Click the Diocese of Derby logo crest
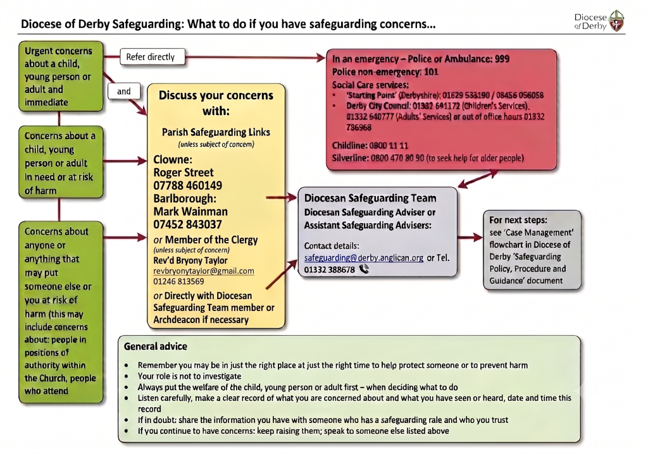click(x=616, y=21)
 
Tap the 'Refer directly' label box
click(x=153, y=57)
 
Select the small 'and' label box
click(x=124, y=91)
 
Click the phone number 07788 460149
click(x=187, y=185)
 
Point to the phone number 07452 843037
click(x=187, y=224)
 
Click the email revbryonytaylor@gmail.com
click(x=204, y=271)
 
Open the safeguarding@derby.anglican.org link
click(x=364, y=258)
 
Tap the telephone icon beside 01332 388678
click(x=364, y=269)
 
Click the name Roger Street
click(x=184, y=172)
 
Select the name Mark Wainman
click(x=190, y=212)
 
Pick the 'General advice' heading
click(x=156, y=346)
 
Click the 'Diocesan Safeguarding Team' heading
click(x=370, y=199)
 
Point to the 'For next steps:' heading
click(x=518, y=220)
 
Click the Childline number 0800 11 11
click(x=389, y=145)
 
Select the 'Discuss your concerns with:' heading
click(x=216, y=103)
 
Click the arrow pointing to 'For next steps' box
click(x=470, y=237)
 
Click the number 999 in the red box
click(x=502, y=59)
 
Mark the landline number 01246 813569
click(x=178, y=281)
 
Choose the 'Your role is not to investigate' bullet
click(x=189, y=376)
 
